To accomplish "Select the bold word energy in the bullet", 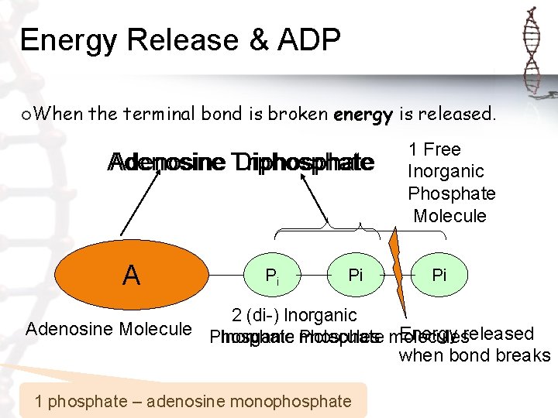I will point(363,115).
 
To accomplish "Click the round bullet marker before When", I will point(27,115).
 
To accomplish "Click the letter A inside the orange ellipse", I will point(132,275).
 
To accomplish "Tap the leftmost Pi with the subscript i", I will point(272,276).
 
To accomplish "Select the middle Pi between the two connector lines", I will point(356,276).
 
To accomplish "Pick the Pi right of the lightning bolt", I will point(439,276).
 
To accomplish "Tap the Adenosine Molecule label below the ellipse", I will point(108,329).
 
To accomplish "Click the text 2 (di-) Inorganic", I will point(294,316).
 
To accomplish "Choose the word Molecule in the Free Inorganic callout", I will point(449,215).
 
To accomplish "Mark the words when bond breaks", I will point(474,356).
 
